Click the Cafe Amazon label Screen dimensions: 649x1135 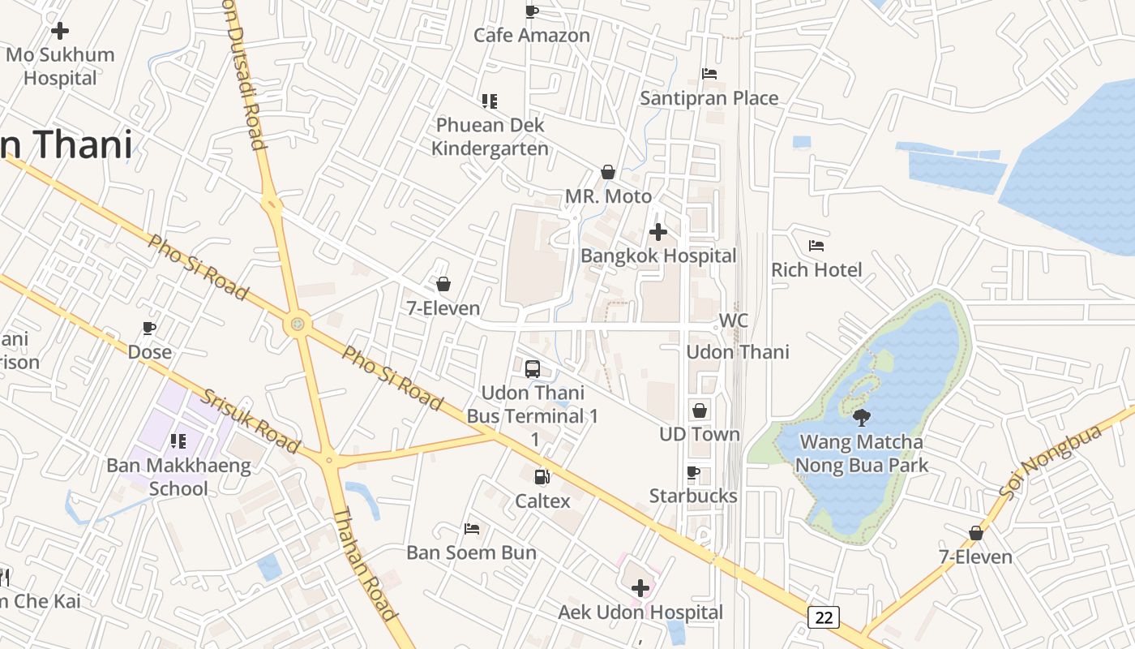532,35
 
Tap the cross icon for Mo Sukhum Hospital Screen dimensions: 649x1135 59,31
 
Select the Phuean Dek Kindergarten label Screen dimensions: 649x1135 490,136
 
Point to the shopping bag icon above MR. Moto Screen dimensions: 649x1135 608,172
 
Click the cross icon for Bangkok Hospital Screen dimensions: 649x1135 658,233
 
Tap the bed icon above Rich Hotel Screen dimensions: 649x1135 816,245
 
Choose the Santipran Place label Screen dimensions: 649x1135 709,98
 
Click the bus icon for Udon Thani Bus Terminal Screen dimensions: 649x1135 533,368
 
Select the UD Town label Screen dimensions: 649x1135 699,434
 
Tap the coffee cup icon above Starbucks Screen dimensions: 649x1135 693,472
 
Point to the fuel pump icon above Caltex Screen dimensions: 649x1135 542,477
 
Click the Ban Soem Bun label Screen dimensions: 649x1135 471,552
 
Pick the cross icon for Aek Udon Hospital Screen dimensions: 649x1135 640,587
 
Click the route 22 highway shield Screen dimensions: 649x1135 824,617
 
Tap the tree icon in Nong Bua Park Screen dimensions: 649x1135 862,418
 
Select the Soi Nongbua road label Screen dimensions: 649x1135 1051,462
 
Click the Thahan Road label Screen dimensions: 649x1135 366,564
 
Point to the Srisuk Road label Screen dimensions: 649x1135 251,421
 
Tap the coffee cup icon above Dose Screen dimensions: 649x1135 149,328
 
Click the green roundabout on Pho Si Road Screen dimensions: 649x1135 298,324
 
